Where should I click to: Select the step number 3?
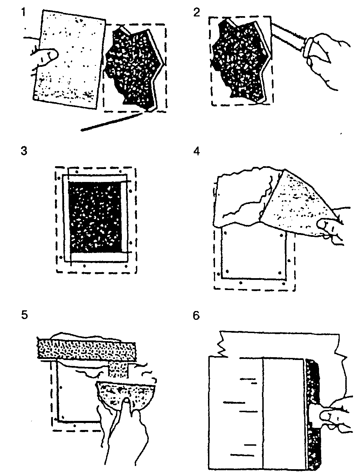24,150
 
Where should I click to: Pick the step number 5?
25,315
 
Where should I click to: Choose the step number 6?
196,316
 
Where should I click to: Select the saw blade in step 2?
288,38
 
